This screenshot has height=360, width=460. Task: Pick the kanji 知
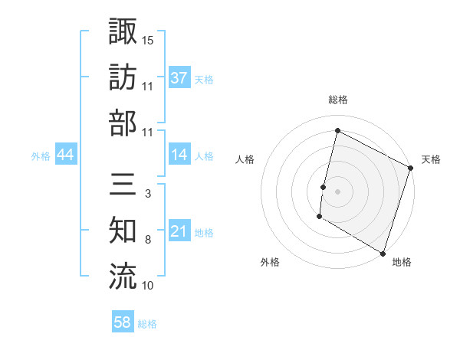tap(123, 231)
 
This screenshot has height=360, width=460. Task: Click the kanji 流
tap(123, 277)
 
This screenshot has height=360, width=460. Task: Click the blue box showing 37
tap(179, 77)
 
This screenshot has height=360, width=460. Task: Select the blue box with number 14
tap(179, 155)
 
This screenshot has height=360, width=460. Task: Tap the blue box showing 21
tap(179, 231)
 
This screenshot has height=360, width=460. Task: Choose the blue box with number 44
tap(66, 155)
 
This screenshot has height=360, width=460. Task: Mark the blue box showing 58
tap(123, 322)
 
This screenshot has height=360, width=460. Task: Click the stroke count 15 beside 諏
tap(148, 40)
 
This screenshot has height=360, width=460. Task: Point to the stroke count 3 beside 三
tap(147, 195)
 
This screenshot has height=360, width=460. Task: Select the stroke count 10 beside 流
tap(148, 286)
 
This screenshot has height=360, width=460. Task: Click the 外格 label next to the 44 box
tap(41, 155)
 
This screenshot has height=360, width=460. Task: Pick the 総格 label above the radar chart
tap(338, 100)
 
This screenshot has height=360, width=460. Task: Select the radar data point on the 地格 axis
tap(382, 253)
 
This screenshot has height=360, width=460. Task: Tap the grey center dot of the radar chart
tap(338, 190)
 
